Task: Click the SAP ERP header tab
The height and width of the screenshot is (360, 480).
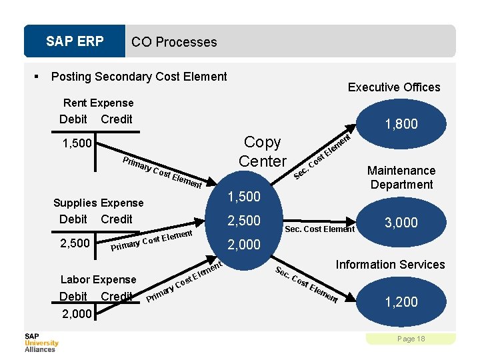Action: pyautogui.click(x=75, y=41)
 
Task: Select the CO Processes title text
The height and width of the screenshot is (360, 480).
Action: pyautogui.click(x=174, y=42)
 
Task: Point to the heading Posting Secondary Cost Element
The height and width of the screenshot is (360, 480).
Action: pyautogui.click(x=139, y=77)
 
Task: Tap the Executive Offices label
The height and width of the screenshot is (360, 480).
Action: pyautogui.click(x=394, y=87)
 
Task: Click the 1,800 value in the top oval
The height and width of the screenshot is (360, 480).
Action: pyautogui.click(x=401, y=123)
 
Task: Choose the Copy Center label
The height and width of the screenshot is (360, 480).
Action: pyautogui.click(x=263, y=151)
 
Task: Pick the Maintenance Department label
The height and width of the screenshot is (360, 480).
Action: pyautogui.click(x=401, y=177)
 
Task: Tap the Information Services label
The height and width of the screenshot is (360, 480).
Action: pyautogui.click(x=390, y=265)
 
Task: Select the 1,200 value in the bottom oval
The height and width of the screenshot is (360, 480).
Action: pyautogui.click(x=401, y=302)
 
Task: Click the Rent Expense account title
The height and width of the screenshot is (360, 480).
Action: pyautogui.click(x=98, y=103)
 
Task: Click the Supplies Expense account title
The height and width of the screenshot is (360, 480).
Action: pyautogui.click(x=98, y=203)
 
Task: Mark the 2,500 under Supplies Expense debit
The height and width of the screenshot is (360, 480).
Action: pyautogui.click(x=75, y=243)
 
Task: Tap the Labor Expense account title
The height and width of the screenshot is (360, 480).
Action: pyautogui.click(x=98, y=279)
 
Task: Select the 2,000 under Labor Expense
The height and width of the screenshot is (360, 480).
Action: pyautogui.click(x=76, y=313)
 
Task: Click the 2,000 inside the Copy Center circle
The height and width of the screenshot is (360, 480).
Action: pyautogui.click(x=245, y=245)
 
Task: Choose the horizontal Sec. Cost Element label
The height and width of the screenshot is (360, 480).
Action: pyautogui.click(x=319, y=229)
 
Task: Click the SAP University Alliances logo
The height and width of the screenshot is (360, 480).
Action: pyautogui.click(x=41, y=342)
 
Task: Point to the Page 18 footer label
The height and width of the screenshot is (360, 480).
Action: pyautogui.click(x=411, y=339)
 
